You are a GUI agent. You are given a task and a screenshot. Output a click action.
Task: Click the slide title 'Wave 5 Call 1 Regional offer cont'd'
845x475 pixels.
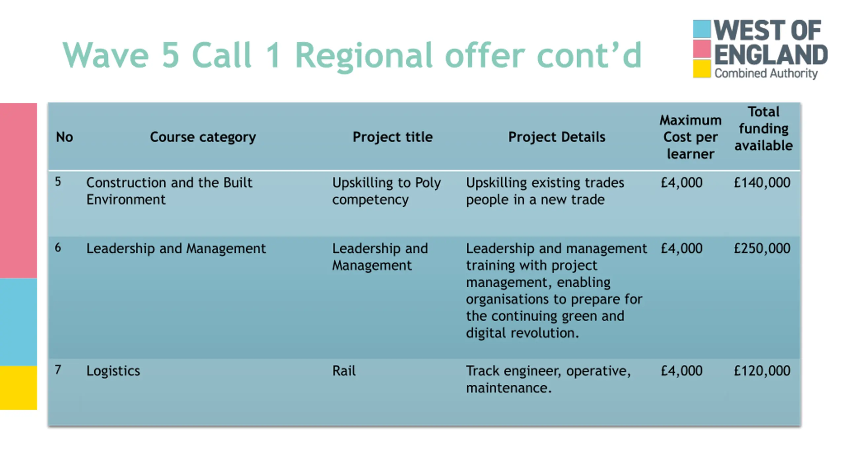click(x=352, y=55)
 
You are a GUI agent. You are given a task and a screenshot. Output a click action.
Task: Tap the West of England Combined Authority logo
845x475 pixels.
click(x=760, y=49)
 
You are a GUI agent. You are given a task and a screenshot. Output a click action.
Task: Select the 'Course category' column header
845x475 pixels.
click(x=203, y=137)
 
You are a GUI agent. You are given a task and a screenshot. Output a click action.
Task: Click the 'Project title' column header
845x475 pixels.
click(x=392, y=137)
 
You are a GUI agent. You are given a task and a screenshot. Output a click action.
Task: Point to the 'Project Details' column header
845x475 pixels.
click(x=557, y=137)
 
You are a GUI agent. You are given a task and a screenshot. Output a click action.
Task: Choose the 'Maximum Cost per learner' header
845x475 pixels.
click(x=691, y=137)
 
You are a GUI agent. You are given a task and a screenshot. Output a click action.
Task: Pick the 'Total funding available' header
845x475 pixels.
click(x=763, y=129)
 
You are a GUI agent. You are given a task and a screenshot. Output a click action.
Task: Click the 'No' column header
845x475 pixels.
click(x=64, y=137)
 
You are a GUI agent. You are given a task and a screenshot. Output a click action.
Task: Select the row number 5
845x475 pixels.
click(x=58, y=181)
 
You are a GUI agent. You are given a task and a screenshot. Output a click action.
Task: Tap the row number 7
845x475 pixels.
click(x=58, y=370)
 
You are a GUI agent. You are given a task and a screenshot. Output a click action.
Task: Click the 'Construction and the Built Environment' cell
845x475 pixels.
click(x=169, y=191)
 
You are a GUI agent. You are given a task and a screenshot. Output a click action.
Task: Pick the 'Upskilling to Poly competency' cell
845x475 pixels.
click(x=386, y=191)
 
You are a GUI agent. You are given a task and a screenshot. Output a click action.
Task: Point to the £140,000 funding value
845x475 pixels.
click(x=762, y=183)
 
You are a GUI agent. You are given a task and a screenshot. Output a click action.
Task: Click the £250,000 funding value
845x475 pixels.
click(x=762, y=248)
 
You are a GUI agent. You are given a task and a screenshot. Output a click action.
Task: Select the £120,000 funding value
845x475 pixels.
click(x=762, y=371)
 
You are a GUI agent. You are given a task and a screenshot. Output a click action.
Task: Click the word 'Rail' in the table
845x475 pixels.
click(x=344, y=371)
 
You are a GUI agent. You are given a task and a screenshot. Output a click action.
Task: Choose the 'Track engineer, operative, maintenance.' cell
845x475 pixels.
click(x=548, y=379)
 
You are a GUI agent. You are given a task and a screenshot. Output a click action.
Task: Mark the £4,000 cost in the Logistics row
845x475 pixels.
click(x=682, y=371)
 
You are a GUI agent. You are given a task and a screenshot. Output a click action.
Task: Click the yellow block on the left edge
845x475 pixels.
click(x=18, y=388)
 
